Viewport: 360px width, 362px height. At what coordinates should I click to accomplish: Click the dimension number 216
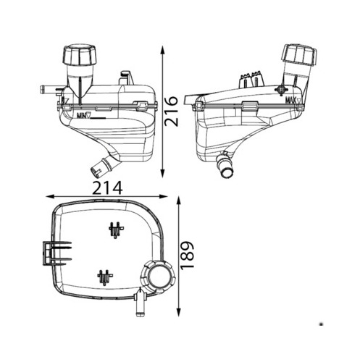171,111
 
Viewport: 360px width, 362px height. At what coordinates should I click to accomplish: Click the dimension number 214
107,188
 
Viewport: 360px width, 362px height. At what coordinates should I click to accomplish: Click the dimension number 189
188,255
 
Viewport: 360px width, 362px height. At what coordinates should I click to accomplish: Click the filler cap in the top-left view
80,55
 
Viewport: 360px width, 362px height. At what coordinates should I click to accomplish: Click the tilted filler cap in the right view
299,55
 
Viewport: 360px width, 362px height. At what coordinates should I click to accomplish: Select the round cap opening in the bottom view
159,276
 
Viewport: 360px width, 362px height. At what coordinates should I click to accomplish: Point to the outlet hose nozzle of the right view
225,167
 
